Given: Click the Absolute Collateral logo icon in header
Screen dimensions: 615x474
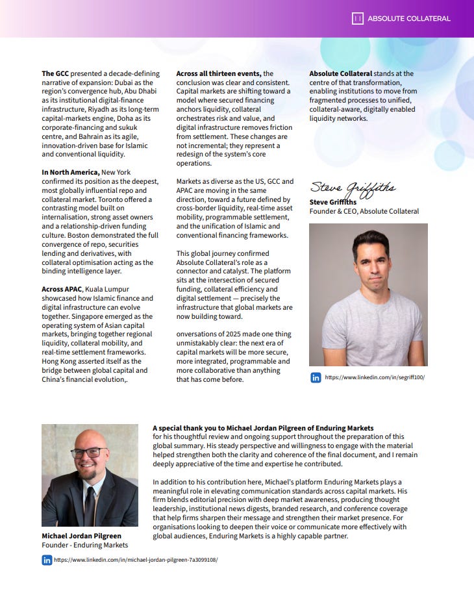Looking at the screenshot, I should coord(357,19).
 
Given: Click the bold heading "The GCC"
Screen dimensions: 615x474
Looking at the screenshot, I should coord(55,74).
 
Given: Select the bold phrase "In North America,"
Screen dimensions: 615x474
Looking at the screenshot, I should coord(71,172).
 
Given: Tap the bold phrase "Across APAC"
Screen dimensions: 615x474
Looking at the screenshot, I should coord(62,290).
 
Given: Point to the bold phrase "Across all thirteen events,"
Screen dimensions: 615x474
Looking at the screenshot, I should coord(219,74).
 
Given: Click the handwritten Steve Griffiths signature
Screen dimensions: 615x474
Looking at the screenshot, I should coord(352,188).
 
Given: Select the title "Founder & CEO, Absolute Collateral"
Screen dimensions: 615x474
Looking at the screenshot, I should coord(364,211).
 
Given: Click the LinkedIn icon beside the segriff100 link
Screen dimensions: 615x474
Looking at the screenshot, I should coord(316,377).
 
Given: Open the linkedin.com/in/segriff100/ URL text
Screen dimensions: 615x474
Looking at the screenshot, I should coord(374,377).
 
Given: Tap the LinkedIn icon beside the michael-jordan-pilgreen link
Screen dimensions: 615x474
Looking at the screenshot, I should coord(47,560).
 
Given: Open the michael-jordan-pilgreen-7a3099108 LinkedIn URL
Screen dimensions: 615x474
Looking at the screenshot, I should coord(135,560).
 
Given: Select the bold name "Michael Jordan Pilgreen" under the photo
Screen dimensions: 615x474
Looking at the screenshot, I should coord(81,536).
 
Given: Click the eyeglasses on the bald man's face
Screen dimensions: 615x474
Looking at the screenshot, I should coord(89,452).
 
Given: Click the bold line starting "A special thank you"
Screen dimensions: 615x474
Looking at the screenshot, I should coord(263,429).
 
